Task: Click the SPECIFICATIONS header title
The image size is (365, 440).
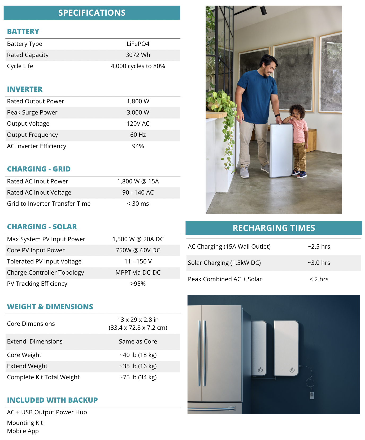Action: pos(92,13)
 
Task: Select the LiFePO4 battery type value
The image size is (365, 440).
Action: pos(138,44)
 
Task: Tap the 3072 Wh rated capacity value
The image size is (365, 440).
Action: pos(138,55)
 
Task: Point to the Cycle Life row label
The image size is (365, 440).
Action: pos(20,66)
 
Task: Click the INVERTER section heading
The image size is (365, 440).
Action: pos(25,89)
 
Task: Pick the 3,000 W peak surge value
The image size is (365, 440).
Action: pos(138,112)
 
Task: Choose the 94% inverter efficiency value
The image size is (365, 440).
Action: pos(138,146)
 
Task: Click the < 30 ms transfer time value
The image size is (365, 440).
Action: pos(138,204)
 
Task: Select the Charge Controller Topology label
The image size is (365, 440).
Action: pos(45,272)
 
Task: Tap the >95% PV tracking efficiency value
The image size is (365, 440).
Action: pos(138,284)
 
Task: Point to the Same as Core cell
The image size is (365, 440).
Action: pos(138,341)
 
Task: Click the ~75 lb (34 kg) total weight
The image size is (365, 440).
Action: pos(138,377)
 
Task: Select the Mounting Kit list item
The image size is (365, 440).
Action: pos(25,423)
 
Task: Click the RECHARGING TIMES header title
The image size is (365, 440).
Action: pos(274,228)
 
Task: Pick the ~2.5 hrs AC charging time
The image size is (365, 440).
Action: pos(319,247)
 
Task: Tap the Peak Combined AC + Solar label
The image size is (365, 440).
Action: pos(225,279)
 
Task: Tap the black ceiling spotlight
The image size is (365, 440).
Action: pos(263,10)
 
